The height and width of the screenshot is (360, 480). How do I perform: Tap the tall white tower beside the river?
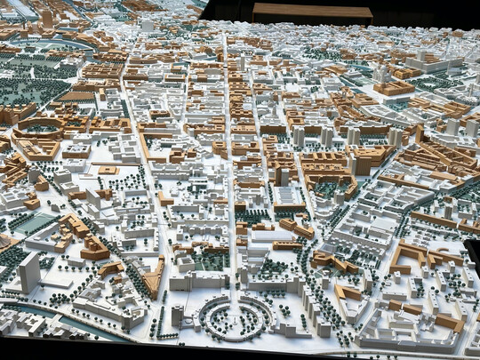28,270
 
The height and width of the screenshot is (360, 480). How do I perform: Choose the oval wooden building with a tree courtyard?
37,129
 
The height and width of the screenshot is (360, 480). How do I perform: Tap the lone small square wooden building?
108,169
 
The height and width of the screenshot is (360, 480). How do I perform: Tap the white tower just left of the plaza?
178,314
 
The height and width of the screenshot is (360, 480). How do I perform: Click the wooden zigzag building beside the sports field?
76,227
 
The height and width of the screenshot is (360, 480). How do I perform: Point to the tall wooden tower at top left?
46,18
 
